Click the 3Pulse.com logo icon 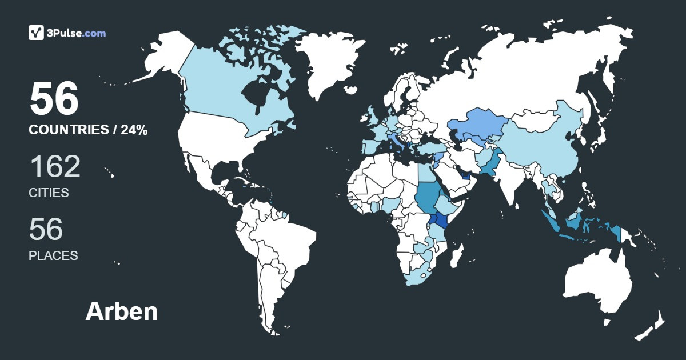37,33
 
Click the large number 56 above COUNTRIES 54,98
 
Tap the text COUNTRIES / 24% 88,130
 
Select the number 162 55,167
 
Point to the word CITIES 49,193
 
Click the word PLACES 53,256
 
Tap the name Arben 122,311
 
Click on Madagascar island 456,255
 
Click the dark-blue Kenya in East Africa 442,221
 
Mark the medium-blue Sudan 426,194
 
